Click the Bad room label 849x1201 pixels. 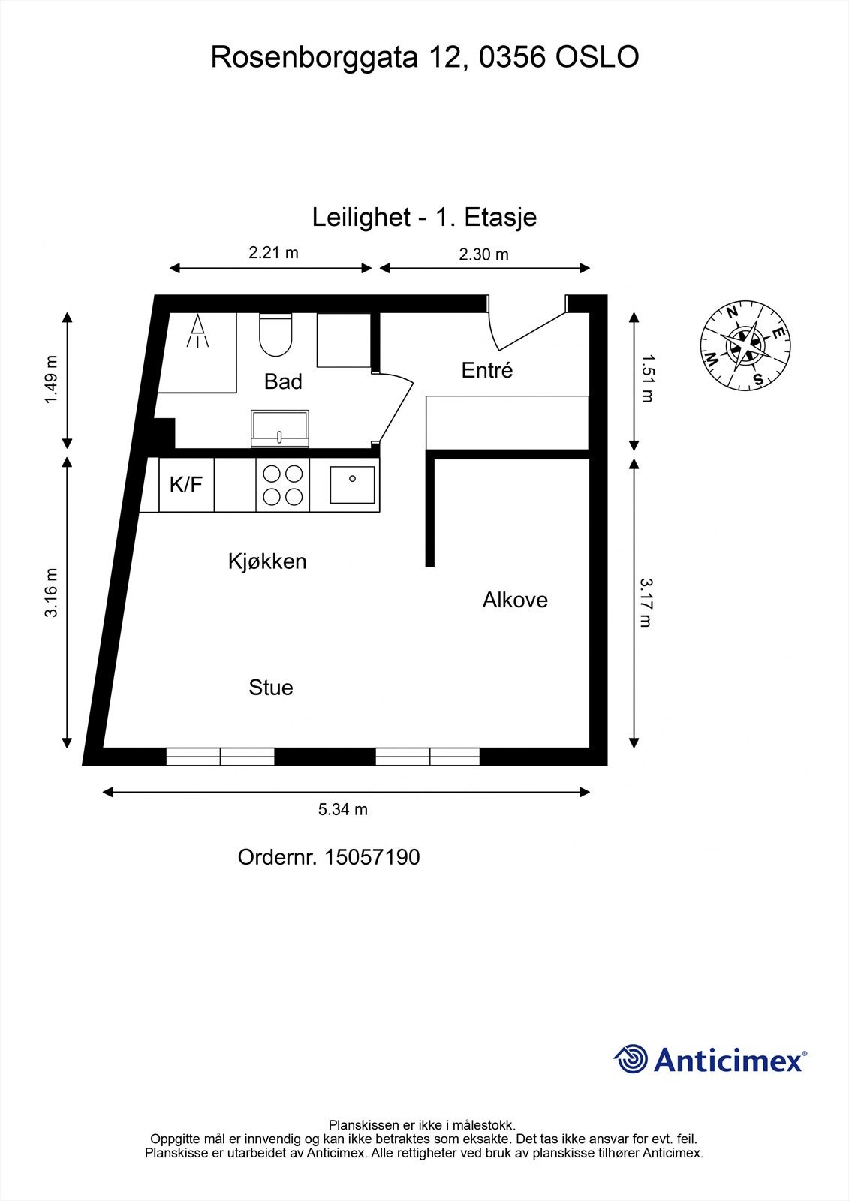coord(283,382)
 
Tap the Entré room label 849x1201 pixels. coord(486,370)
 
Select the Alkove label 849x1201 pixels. coord(515,600)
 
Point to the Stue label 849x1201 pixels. coord(271,688)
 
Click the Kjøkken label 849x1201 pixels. coord(267,561)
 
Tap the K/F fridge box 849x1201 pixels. coord(186,485)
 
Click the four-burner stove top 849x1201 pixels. coord(283,485)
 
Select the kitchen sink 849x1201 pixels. coord(352,485)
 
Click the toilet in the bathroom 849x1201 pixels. coord(275,336)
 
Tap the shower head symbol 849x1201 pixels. coord(197,331)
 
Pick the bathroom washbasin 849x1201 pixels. coord(280,429)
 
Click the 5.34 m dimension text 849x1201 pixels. coord(343,809)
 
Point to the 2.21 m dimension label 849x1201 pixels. coord(273,253)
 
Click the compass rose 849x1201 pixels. coord(745,347)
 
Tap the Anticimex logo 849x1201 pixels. coord(710,1060)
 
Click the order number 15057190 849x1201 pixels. coord(372,857)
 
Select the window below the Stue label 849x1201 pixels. coord(220,757)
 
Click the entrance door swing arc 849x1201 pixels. coord(525,330)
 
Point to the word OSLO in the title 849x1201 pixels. coord(597,57)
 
